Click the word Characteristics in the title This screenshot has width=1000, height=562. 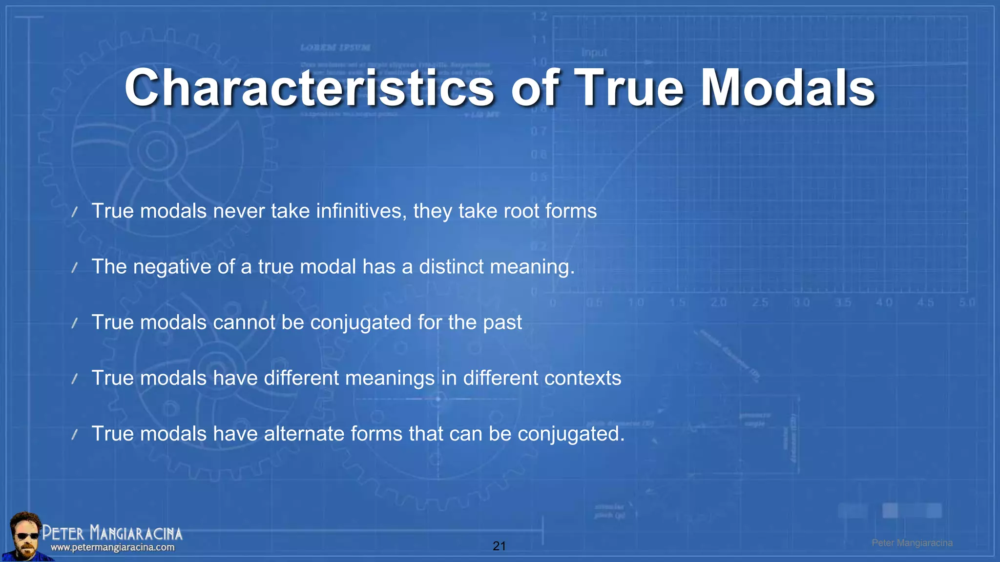(310, 88)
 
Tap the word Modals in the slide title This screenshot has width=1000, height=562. (788, 88)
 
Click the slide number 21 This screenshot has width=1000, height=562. (499, 546)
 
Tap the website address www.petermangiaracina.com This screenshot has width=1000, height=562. (112, 547)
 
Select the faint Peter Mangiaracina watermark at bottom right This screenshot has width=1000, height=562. (912, 543)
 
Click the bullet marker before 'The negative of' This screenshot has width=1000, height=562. (75, 267)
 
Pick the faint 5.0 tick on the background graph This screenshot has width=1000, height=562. (967, 302)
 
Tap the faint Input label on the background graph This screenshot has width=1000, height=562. (594, 52)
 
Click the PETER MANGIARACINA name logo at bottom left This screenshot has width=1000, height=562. (112, 533)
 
